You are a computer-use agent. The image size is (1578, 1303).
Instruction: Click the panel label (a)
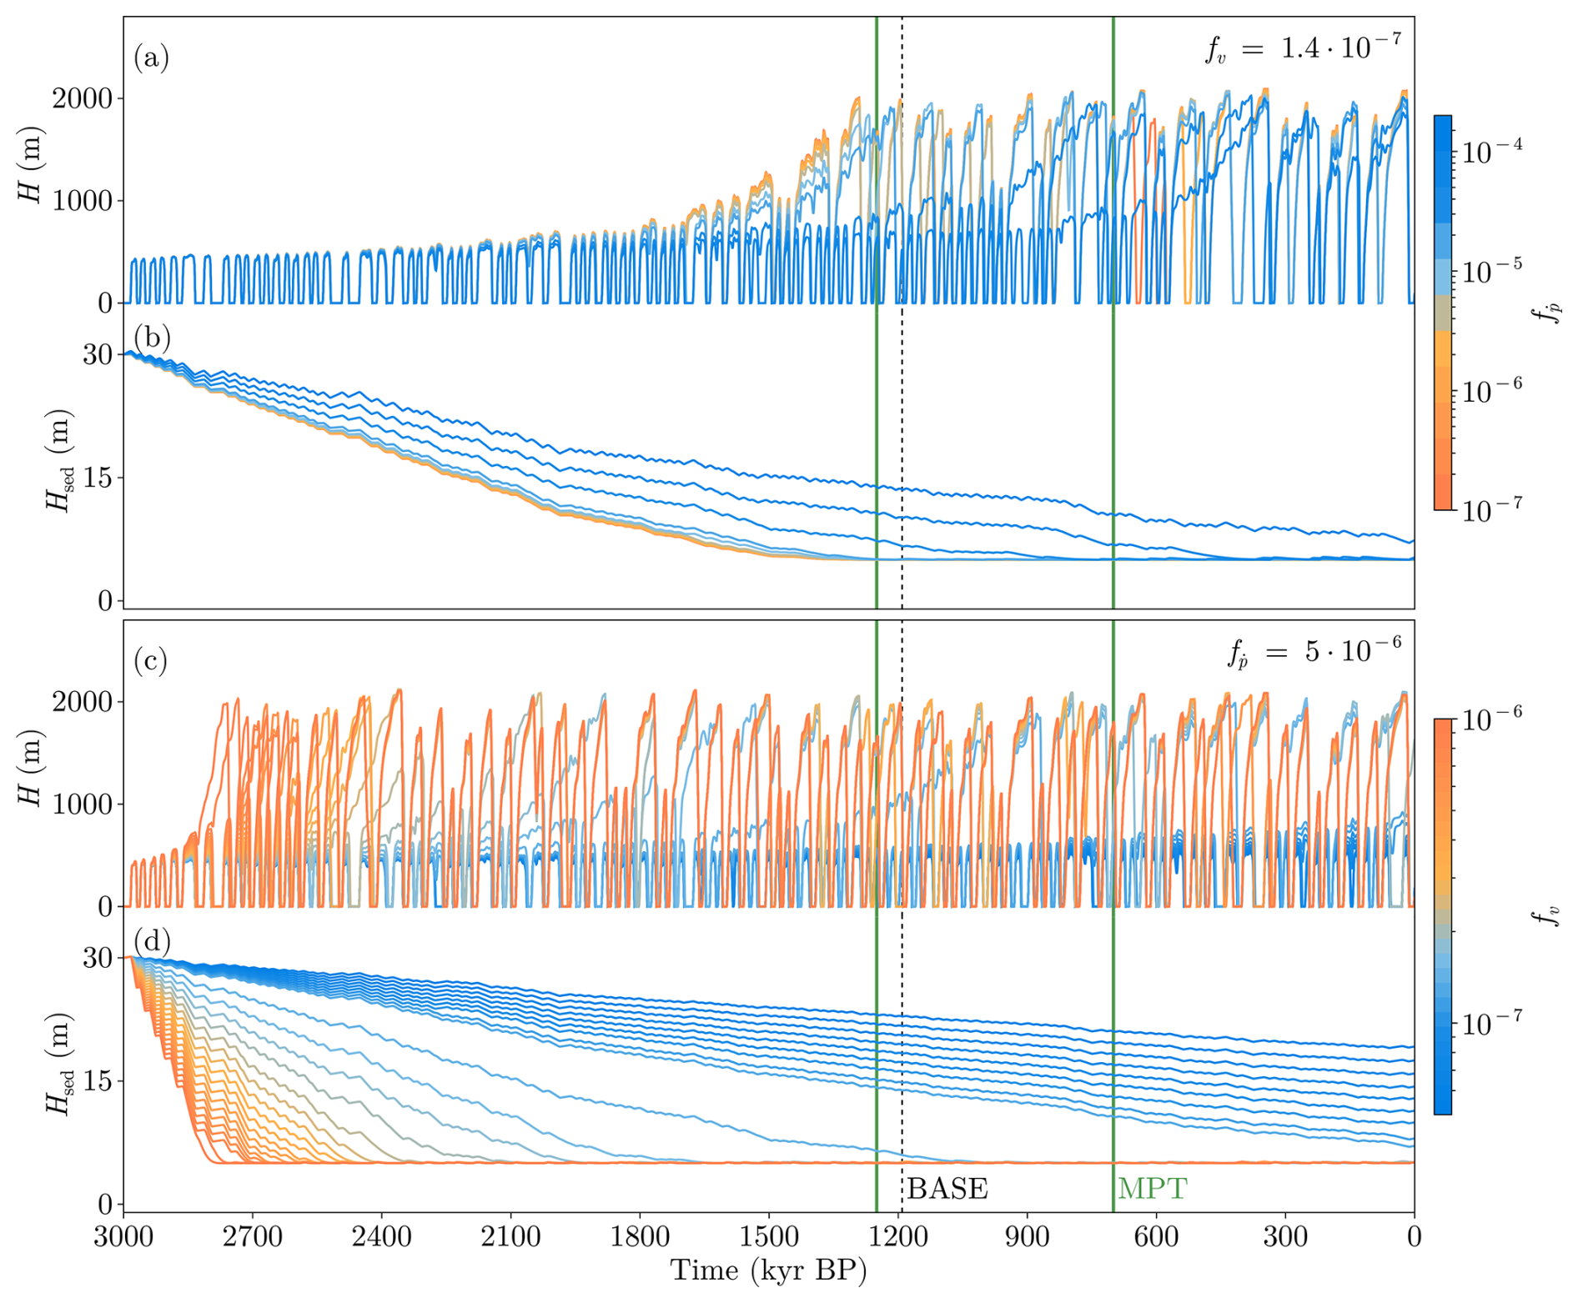point(151,58)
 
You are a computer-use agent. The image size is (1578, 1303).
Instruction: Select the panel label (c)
point(151,661)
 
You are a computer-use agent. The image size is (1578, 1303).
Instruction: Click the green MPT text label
point(1152,1188)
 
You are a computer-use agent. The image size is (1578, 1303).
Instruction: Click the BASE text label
point(947,1188)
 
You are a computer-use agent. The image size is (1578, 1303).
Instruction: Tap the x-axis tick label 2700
point(252,1235)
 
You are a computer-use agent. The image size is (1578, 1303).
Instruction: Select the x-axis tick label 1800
point(640,1235)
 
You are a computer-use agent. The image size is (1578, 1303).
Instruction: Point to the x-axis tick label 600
point(1156,1235)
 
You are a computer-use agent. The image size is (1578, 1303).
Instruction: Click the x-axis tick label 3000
point(123,1235)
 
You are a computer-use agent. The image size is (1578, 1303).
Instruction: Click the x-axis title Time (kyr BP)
point(768,1270)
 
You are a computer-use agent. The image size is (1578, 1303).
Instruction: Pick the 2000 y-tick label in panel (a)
point(82,98)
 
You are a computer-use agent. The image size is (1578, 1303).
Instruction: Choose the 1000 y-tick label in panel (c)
point(82,804)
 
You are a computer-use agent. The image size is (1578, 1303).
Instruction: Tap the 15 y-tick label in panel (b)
point(97,478)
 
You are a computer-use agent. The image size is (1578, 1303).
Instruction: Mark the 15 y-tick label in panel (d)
point(97,1081)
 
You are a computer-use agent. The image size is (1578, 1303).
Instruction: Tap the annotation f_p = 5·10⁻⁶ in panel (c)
point(1314,651)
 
